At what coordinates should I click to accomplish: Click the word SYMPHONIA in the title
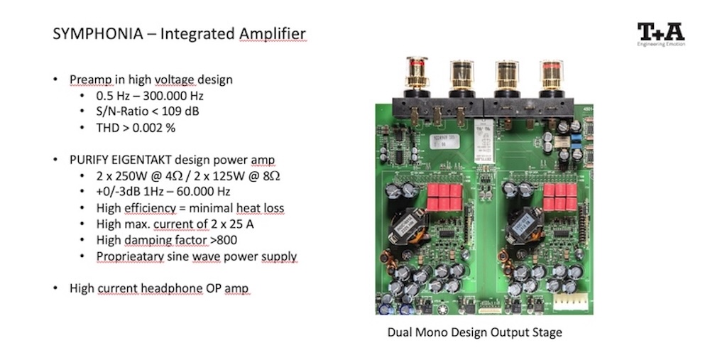click(x=90, y=34)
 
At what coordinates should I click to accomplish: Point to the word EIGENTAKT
click(x=153, y=160)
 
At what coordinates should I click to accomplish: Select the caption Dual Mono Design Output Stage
click(x=474, y=332)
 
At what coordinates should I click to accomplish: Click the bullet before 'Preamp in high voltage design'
click(x=56, y=80)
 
